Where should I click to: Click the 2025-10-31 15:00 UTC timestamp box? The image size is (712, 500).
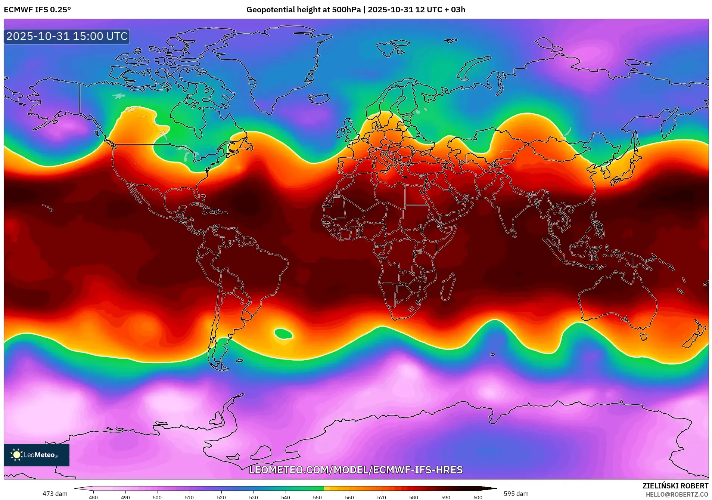67,36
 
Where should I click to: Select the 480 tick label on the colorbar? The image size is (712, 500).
93,497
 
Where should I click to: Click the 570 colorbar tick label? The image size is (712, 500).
382,497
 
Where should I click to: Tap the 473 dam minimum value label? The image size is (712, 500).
55,494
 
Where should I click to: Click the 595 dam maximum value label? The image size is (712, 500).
516,494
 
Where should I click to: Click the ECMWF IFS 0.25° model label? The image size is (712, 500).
37,10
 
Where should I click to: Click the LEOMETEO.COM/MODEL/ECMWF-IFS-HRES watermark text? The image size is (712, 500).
356,470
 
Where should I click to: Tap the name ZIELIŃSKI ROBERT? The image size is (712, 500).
675,486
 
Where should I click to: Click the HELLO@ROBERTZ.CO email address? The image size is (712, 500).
677,494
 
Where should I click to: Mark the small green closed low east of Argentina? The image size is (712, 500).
283,333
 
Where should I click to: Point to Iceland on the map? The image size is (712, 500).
319,99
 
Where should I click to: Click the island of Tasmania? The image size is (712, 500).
643,337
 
